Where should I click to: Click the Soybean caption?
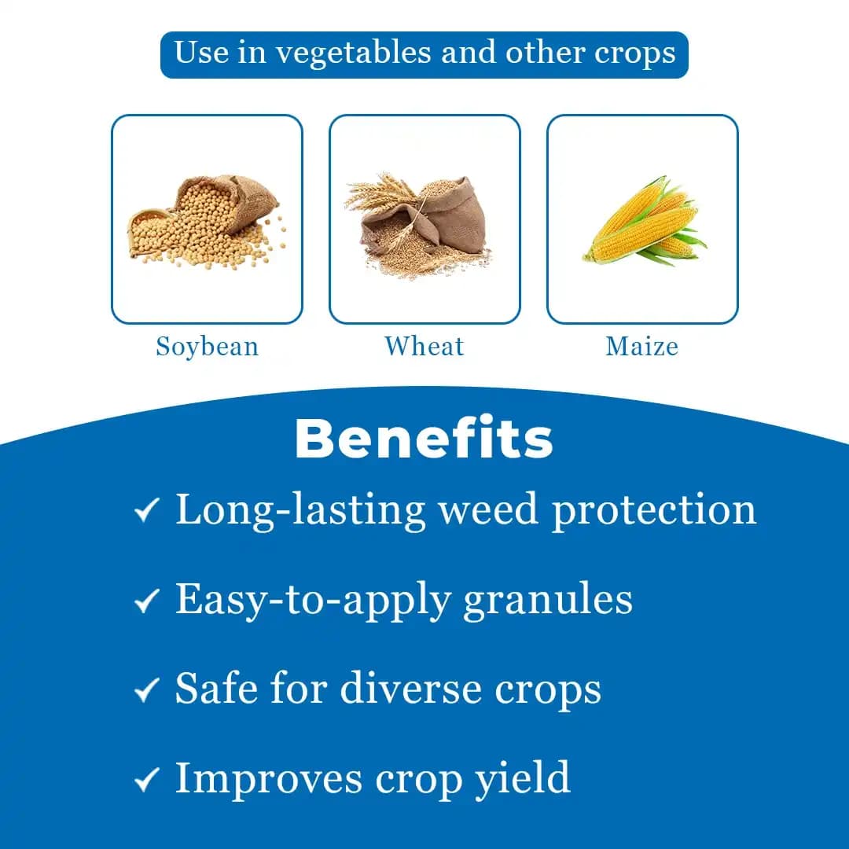click(x=207, y=347)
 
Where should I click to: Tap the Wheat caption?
click(x=424, y=347)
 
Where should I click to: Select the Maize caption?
click(x=641, y=347)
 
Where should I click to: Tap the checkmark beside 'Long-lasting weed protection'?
click(x=147, y=510)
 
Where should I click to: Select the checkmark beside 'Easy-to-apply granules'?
click(x=147, y=601)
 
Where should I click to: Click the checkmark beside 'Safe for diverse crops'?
click(x=147, y=690)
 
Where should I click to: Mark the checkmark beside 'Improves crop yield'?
click(x=147, y=780)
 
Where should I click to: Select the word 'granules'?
click(x=547, y=601)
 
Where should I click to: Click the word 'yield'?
click(x=522, y=780)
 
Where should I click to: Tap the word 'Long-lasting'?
click(x=299, y=511)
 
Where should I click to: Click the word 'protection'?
click(x=653, y=511)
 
